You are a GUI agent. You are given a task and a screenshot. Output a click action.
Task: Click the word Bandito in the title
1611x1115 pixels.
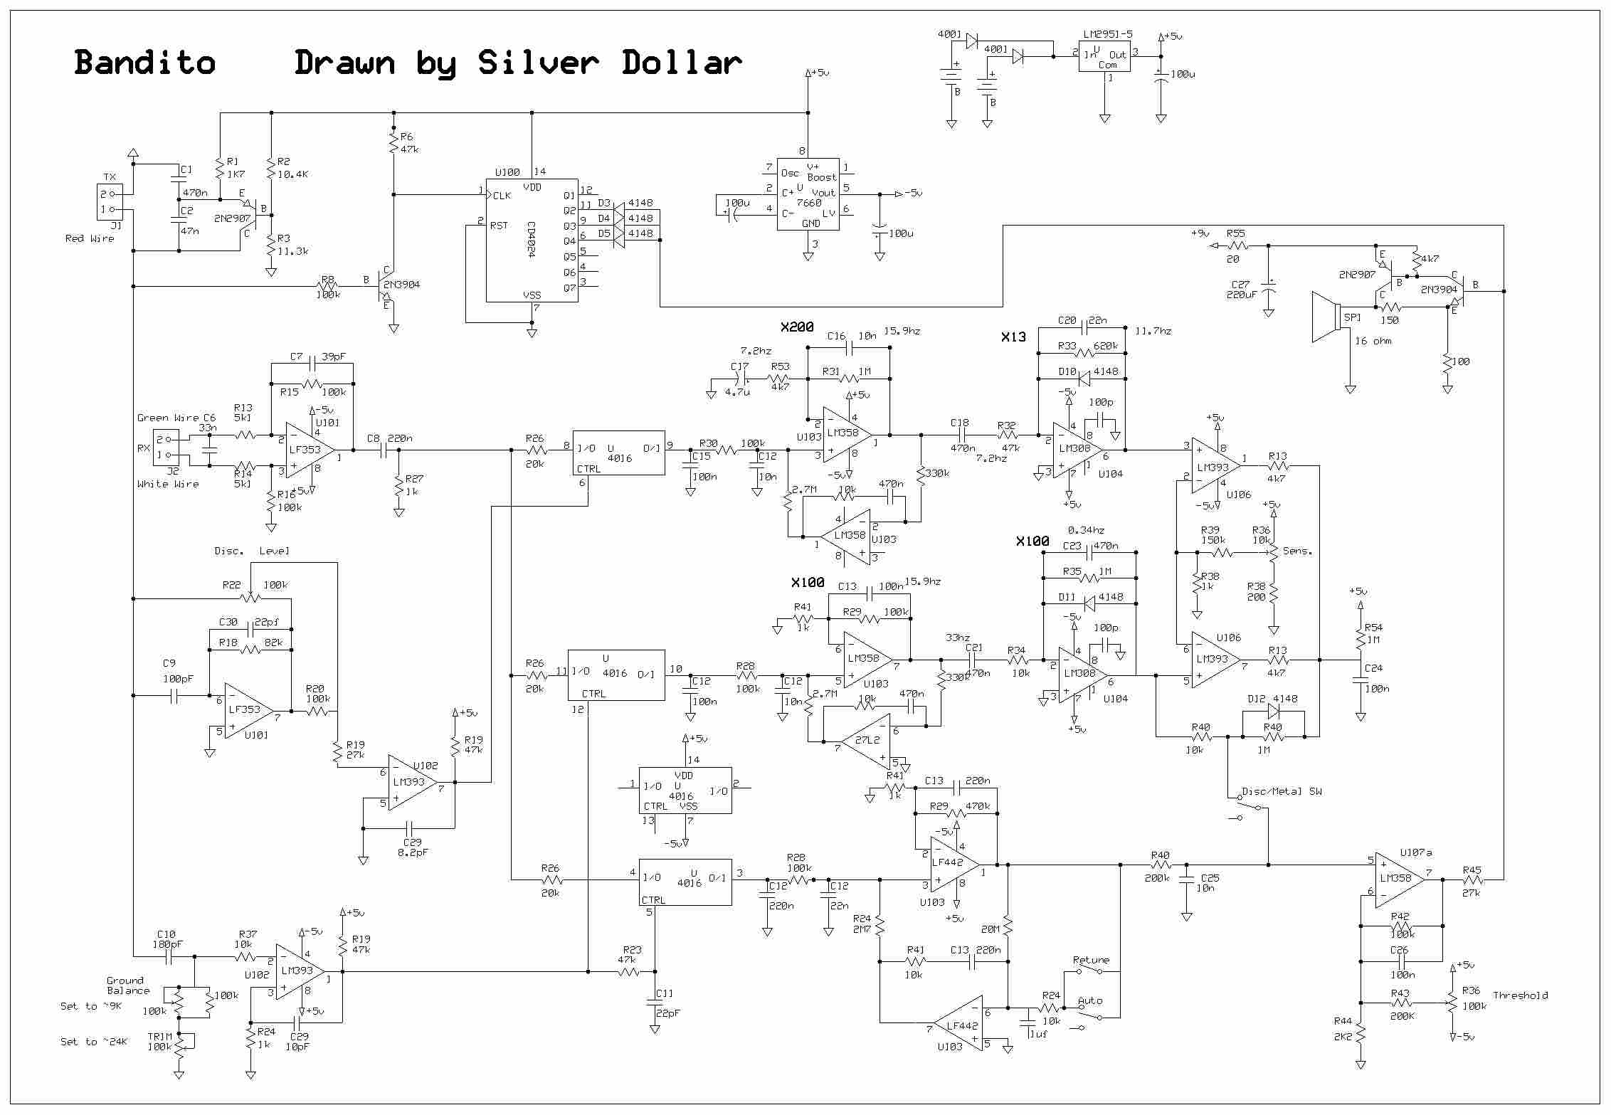(x=144, y=63)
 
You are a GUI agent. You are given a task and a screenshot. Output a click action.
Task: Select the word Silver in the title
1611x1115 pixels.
(x=538, y=63)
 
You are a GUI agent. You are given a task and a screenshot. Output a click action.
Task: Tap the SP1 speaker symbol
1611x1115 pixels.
(x=1326, y=317)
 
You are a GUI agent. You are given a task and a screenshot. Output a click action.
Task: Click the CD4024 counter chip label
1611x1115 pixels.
(x=531, y=240)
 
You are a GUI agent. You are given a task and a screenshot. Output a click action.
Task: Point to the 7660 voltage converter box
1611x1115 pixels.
(x=807, y=194)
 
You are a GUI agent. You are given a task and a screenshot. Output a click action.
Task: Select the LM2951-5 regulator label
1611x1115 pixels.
(x=1107, y=34)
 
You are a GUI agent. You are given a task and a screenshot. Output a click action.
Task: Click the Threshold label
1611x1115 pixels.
(x=1520, y=995)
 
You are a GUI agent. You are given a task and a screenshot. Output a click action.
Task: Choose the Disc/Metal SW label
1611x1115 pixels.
(x=1282, y=791)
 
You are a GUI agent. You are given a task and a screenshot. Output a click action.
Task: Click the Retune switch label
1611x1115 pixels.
(x=1091, y=960)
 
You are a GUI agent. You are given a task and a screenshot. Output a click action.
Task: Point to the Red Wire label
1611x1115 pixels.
(x=90, y=238)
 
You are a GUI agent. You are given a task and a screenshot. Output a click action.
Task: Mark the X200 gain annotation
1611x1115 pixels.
(x=797, y=327)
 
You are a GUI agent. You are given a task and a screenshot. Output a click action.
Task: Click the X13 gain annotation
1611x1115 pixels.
(x=1013, y=337)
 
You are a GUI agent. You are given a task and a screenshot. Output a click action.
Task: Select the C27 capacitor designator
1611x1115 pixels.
(x=1240, y=284)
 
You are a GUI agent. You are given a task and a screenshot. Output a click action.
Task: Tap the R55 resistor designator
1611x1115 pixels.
(x=1236, y=233)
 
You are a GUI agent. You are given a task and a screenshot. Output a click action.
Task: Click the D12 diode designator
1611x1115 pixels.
(x=1257, y=699)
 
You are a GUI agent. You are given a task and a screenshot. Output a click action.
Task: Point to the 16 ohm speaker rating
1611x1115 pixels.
(x=1373, y=341)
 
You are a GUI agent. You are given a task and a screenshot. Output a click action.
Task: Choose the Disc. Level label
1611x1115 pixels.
(x=252, y=551)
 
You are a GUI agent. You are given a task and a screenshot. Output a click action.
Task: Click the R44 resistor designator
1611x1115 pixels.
(x=1343, y=1020)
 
